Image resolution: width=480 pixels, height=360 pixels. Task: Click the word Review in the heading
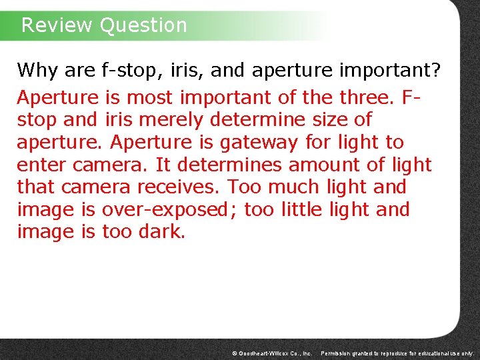point(57,25)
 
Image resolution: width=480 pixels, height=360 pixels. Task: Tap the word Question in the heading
point(143,25)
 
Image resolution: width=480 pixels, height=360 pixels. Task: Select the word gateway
point(258,143)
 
